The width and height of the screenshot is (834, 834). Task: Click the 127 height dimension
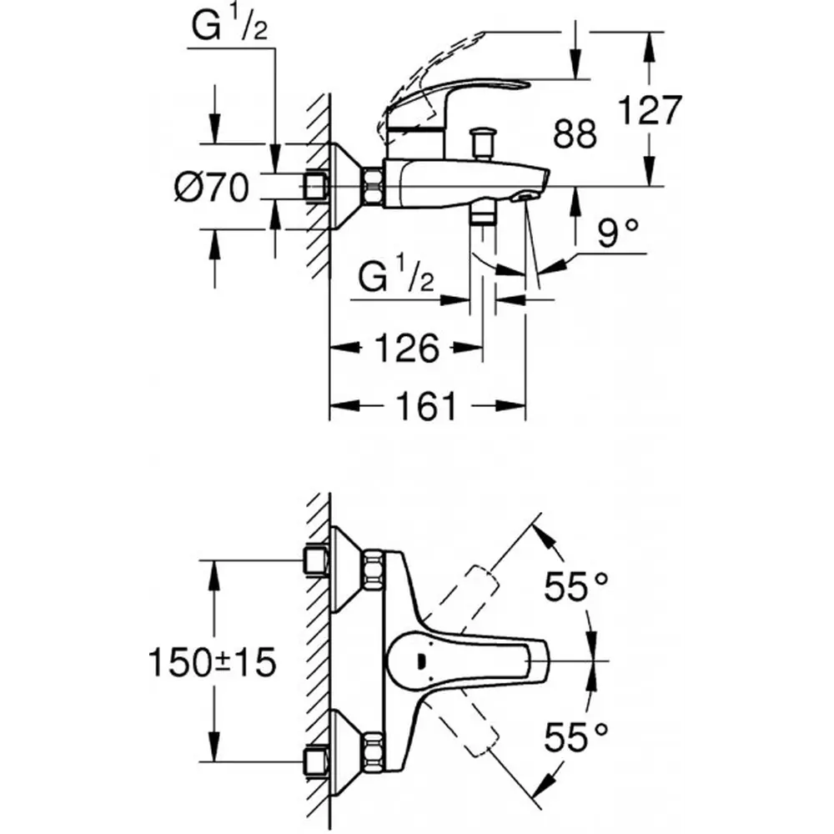click(650, 111)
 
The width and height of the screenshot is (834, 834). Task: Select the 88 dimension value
click(575, 133)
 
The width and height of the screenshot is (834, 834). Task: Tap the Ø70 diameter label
click(212, 187)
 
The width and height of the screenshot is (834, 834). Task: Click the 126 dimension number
click(407, 349)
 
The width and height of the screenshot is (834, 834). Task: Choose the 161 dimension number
click(427, 406)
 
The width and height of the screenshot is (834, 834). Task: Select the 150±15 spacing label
click(212, 662)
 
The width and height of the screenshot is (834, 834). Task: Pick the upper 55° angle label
click(575, 586)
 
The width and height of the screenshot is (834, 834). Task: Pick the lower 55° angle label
click(575, 737)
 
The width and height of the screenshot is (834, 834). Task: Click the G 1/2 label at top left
click(229, 26)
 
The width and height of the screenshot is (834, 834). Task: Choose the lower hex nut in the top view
click(373, 751)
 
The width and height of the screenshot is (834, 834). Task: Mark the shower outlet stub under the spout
click(483, 217)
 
